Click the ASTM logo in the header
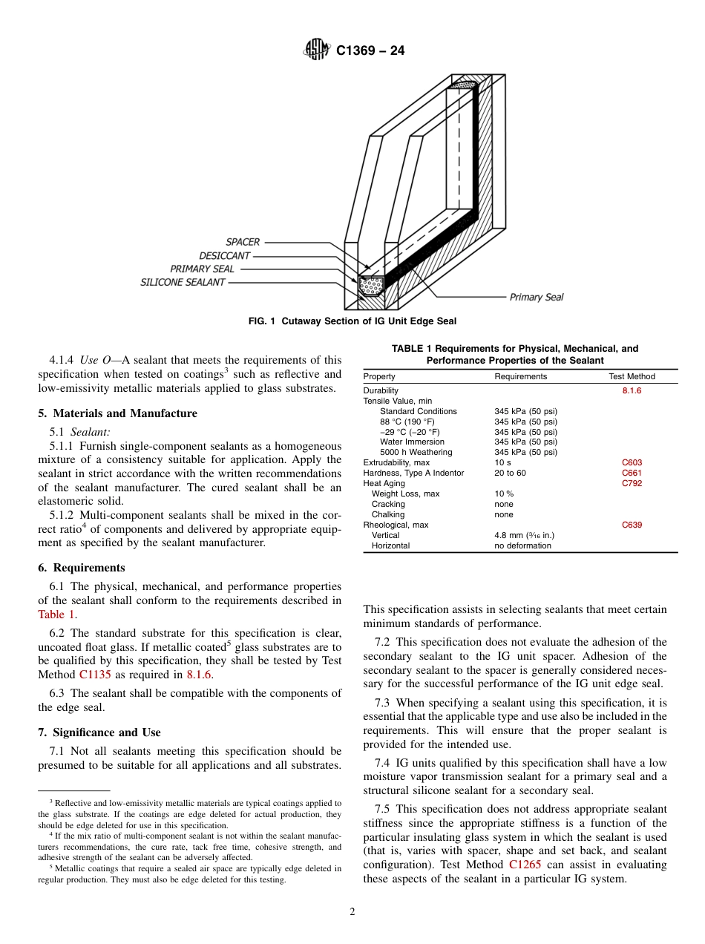pyautogui.click(x=317, y=50)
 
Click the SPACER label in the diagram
pyautogui.click(x=243, y=242)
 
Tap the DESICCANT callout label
pyautogui.click(x=224, y=255)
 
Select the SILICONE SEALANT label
pyautogui.click(x=183, y=282)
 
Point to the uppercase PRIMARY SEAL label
pyautogui.click(x=202, y=269)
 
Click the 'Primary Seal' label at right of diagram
pyautogui.click(x=536, y=297)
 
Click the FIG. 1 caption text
pyautogui.click(x=352, y=321)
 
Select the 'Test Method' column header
pyautogui.click(x=632, y=376)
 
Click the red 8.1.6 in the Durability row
pyautogui.click(x=632, y=390)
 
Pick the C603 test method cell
pyautogui.click(x=632, y=462)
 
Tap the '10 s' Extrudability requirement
pyautogui.click(x=502, y=462)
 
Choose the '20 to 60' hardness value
pyautogui.click(x=510, y=473)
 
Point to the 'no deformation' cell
pyautogui.click(x=522, y=545)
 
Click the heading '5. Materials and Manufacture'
pyautogui.click(x=117, y=413)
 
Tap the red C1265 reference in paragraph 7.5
pyautogui.click(x=525, y=865)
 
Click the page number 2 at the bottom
pyautogui.click(x=352, y=912)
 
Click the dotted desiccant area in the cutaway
pyautogui.click(x=371, y=283)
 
